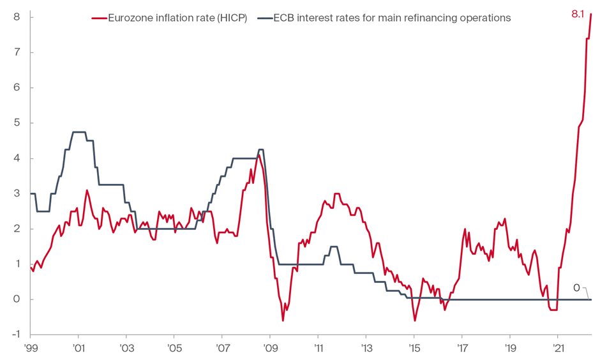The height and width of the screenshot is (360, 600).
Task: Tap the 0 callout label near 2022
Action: tap(576, 289)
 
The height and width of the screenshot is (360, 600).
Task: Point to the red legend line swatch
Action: tap(99, 18)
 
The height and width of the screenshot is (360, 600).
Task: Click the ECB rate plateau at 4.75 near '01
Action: tap(79, 132)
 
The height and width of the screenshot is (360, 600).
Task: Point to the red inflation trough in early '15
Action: tap(415, 320)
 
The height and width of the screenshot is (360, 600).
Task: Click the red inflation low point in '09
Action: tap(283, 320)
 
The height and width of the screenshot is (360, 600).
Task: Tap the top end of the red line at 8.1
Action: tap(591, 13)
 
